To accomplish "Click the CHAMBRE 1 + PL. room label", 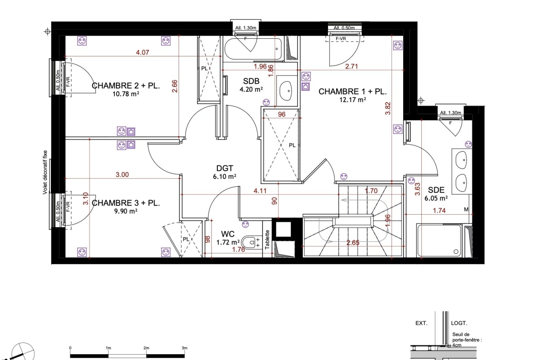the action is (352, 92).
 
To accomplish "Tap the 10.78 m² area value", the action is (126, 94).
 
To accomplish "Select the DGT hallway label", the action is (225, 168).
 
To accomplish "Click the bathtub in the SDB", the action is (253, 49).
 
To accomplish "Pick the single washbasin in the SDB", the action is (286, 91).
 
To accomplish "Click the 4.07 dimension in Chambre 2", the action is (143, 52).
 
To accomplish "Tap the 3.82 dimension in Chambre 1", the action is (388, 108).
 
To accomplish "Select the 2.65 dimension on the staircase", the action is (353, 243).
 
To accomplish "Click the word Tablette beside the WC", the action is (267, 239).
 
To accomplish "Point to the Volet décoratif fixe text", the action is (45, 172).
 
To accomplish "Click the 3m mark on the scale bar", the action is (184, 348).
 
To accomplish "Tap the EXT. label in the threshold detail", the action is (421, 323).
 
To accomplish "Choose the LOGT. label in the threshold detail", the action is (459, 323).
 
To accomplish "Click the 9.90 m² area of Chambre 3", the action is (126, 211).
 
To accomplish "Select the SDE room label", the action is (436, 190).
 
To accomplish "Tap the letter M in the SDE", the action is (466, 210).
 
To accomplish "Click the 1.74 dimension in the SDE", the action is (439, 211).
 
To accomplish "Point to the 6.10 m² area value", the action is (225, 176).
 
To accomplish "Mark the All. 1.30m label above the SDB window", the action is (246, 28).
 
